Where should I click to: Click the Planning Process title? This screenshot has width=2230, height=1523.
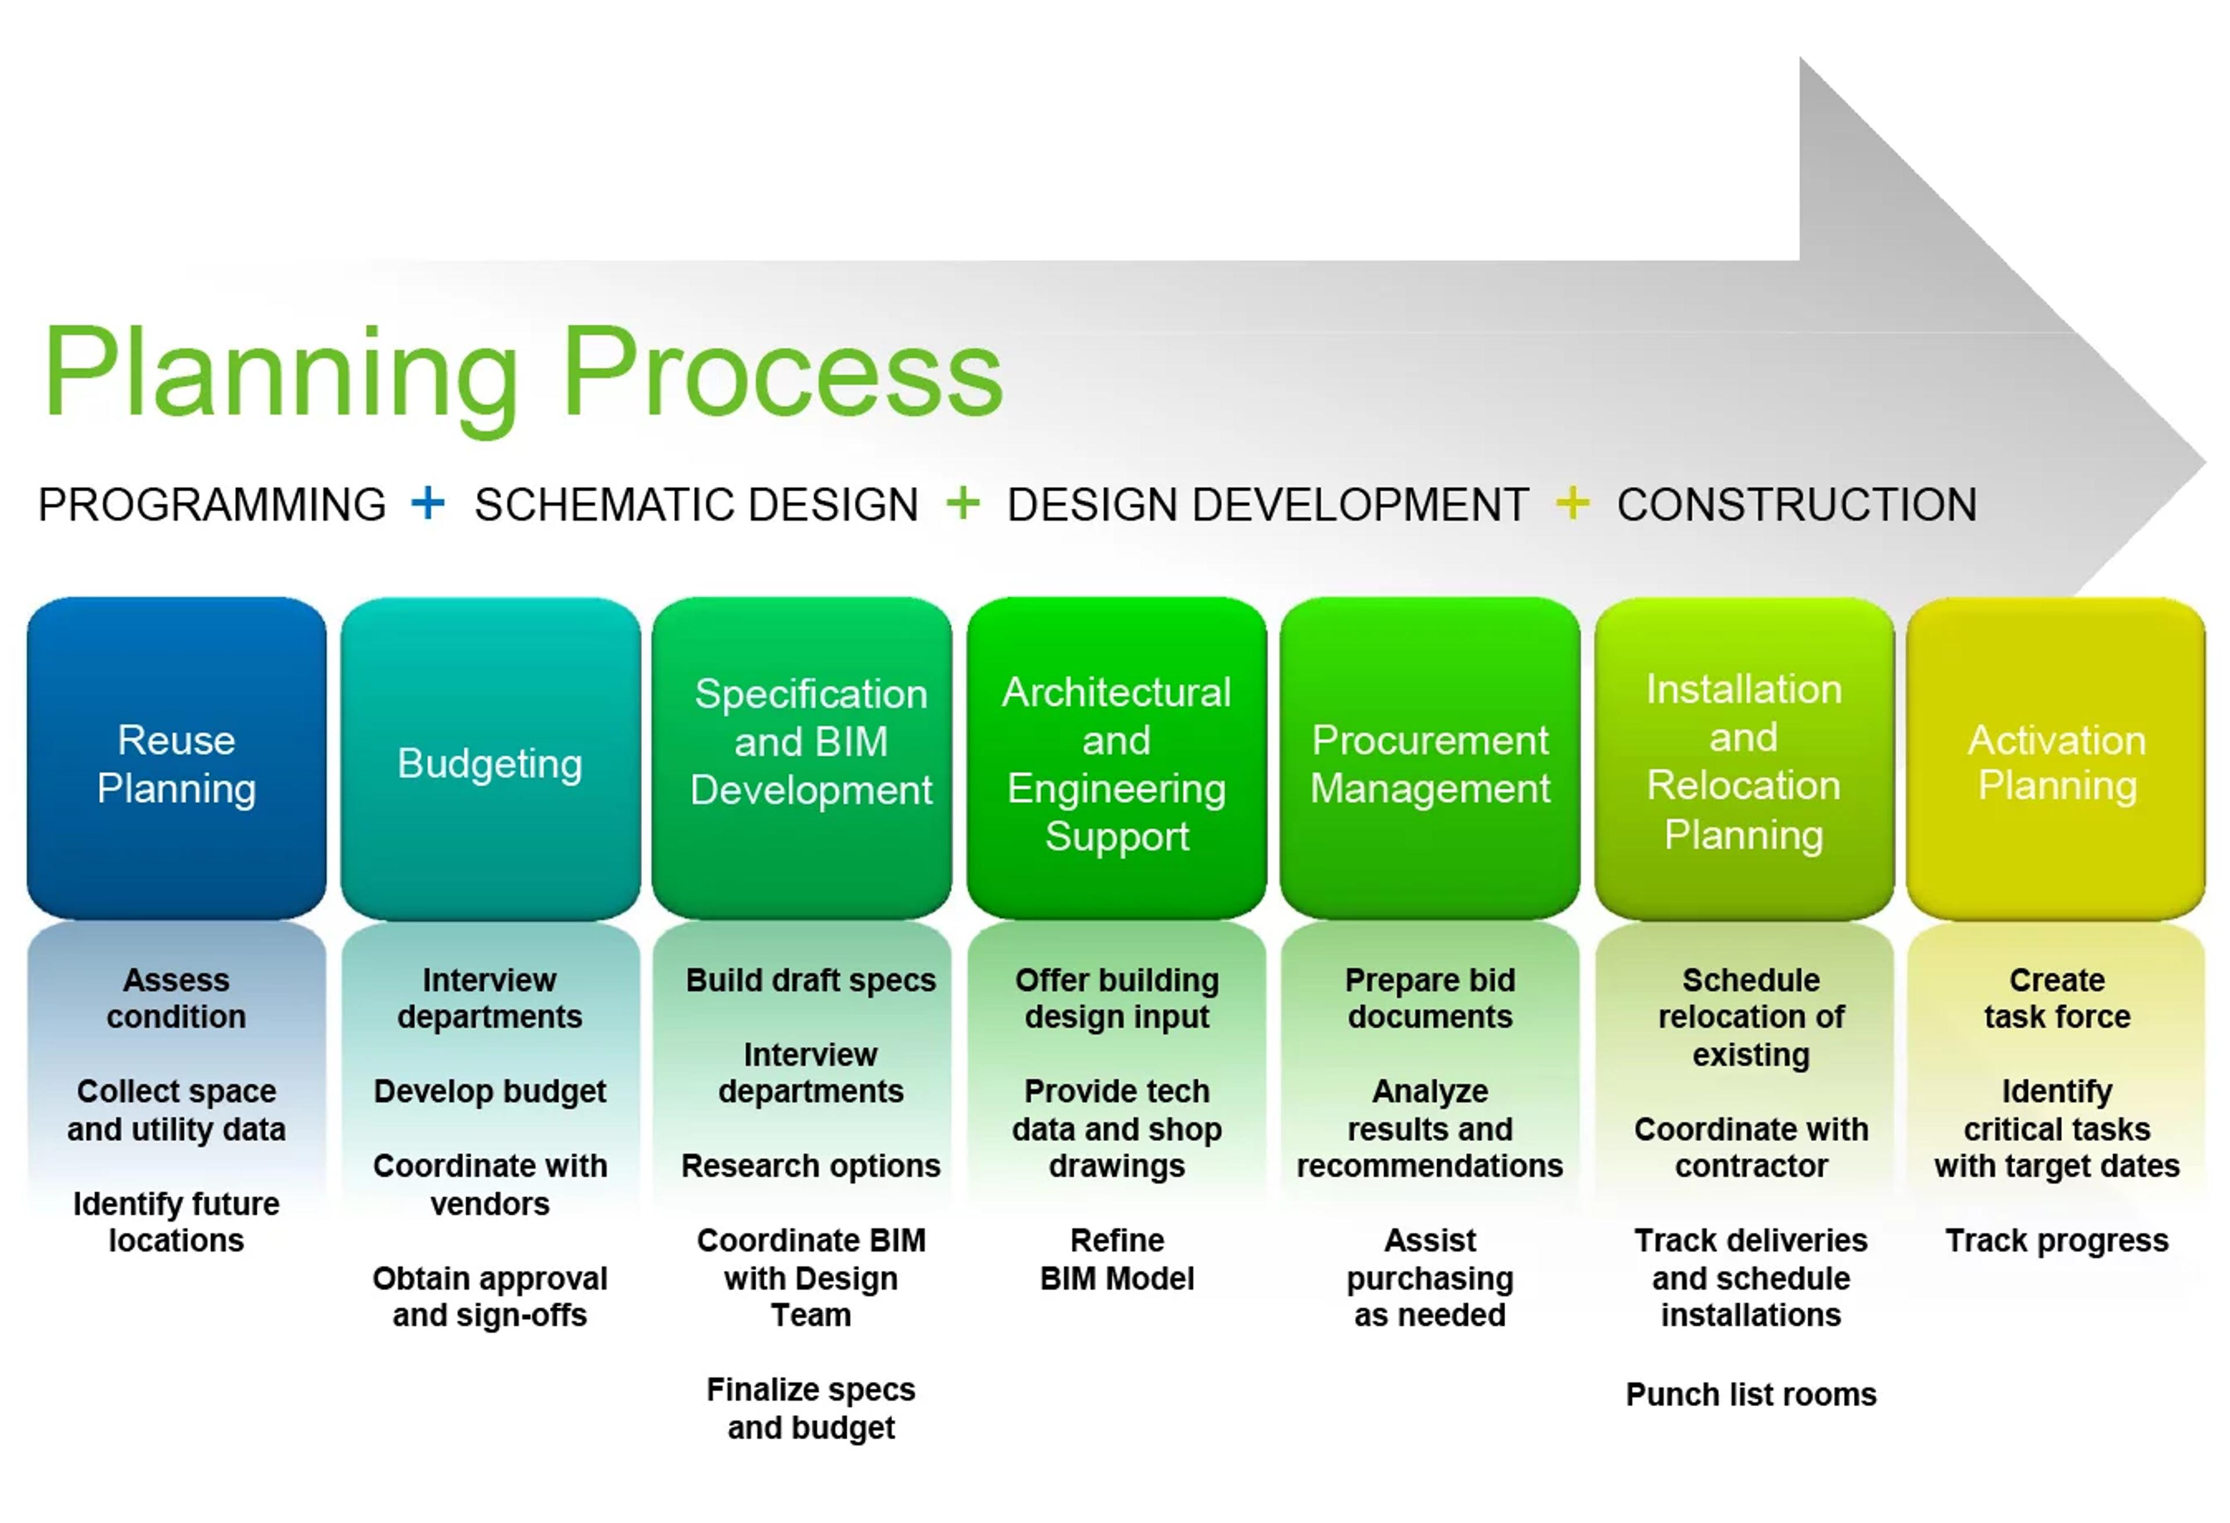tap(523, 374)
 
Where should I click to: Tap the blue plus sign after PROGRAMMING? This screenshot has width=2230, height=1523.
tap(428, 503)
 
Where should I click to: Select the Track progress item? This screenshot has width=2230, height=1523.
tap(2056, 1241)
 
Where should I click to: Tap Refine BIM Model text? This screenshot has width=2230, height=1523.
tap(1117, 1259)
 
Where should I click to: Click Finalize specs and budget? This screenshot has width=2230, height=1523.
tap(811, 1409)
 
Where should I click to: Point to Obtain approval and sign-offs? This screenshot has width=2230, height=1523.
tap(490, 1296)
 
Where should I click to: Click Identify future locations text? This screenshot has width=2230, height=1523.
tap(177, 1222)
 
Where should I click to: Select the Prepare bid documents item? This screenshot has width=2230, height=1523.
tap(1430, 998)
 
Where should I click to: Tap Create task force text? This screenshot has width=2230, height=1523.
tap(2056, 998)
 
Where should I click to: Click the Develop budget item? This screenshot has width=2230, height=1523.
tap(490, 1091)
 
